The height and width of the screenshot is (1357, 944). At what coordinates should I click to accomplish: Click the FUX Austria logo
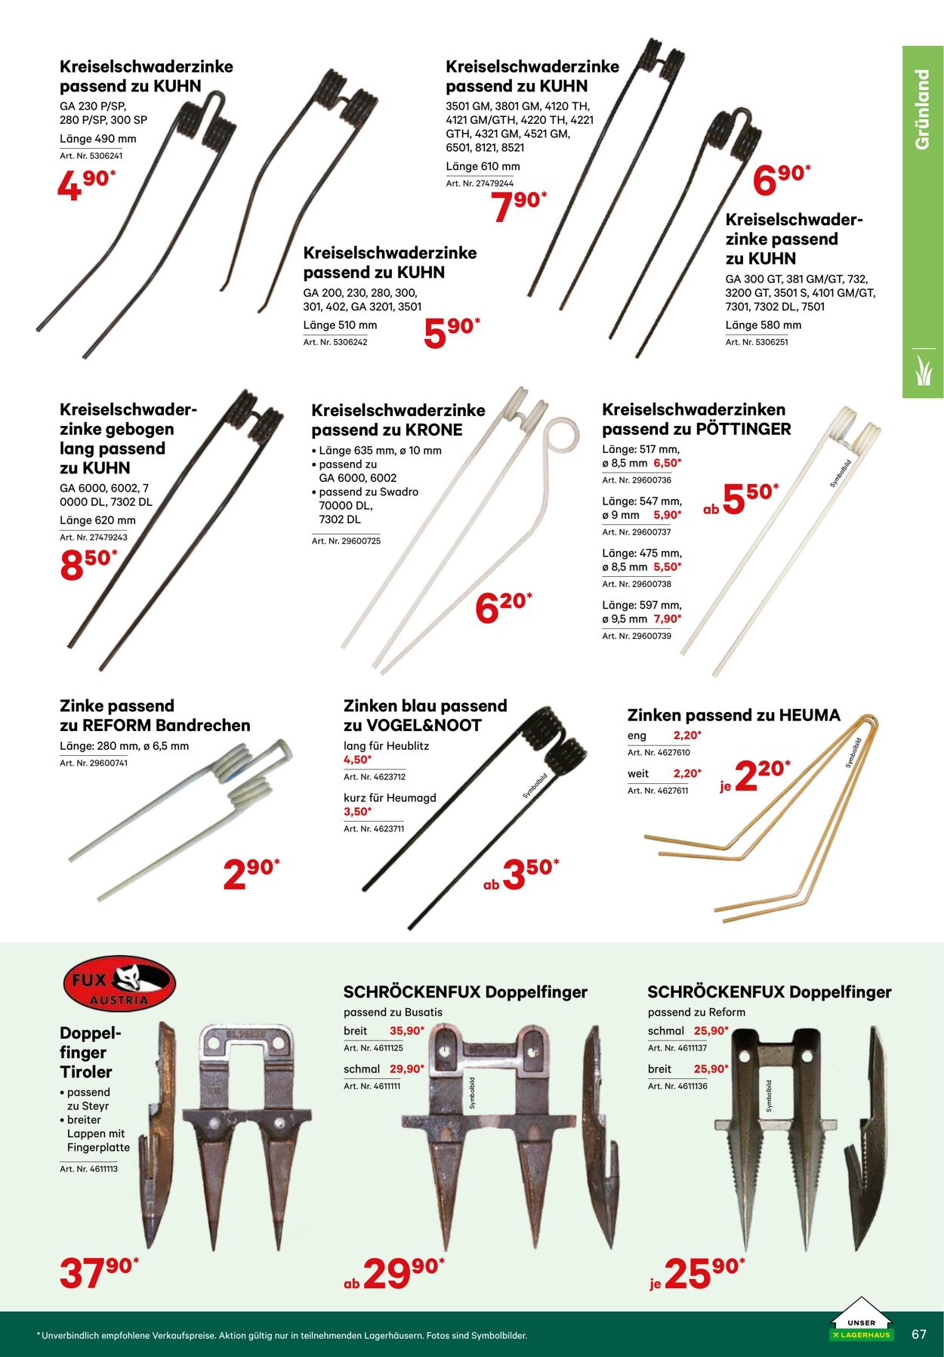click(x=119, y=983)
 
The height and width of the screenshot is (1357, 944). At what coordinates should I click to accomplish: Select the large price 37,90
click(x=99, y=1273)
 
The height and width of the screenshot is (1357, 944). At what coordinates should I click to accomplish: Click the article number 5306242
click(x=335, y=342)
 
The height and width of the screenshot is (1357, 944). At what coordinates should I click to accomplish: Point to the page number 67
click(x=918, y=1334)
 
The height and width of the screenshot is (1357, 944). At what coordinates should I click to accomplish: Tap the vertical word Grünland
click(x=922, y=109)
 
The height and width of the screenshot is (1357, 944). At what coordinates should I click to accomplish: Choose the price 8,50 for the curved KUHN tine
click(x=88, y=565)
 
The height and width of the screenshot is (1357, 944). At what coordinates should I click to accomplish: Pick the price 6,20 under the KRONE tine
click(x=504, y=608)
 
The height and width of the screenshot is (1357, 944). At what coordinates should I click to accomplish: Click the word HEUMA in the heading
click(x=810, y=715)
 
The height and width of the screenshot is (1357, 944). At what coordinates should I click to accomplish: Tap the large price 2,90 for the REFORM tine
click(x=251, y=874)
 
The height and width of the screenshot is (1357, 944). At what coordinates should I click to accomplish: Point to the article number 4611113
click(x=88, y=1169)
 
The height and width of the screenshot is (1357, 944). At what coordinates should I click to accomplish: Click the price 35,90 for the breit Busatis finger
click(x=407, y=1031)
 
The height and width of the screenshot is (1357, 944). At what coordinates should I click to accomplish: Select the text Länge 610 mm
click(x=483, y=166)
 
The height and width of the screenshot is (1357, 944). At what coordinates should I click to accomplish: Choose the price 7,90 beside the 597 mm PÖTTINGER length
click(x=668, y=619)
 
